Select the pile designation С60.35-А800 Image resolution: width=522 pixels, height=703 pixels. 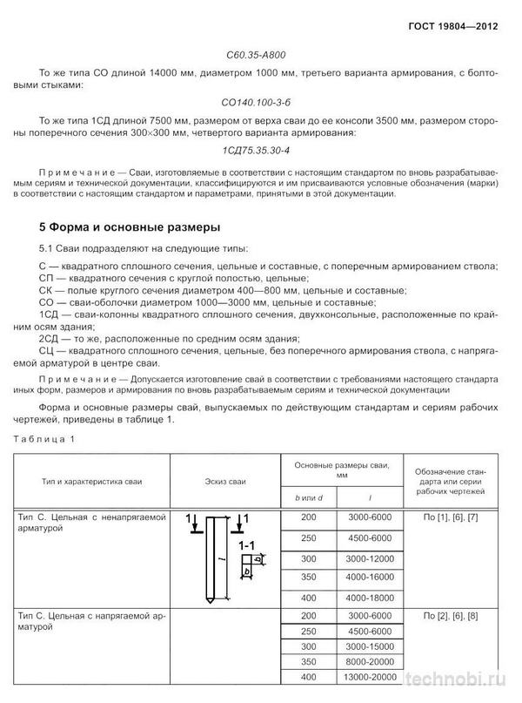tap(261, 51)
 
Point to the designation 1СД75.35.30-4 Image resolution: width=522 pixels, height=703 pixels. tap(261, 150)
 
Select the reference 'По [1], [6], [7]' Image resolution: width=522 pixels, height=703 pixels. tap(453, 518)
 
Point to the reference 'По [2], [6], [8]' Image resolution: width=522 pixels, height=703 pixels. tap(453, 617)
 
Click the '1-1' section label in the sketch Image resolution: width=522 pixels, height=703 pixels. tap(247, 545)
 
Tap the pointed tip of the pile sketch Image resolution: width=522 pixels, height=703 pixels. tap(208, 602)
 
